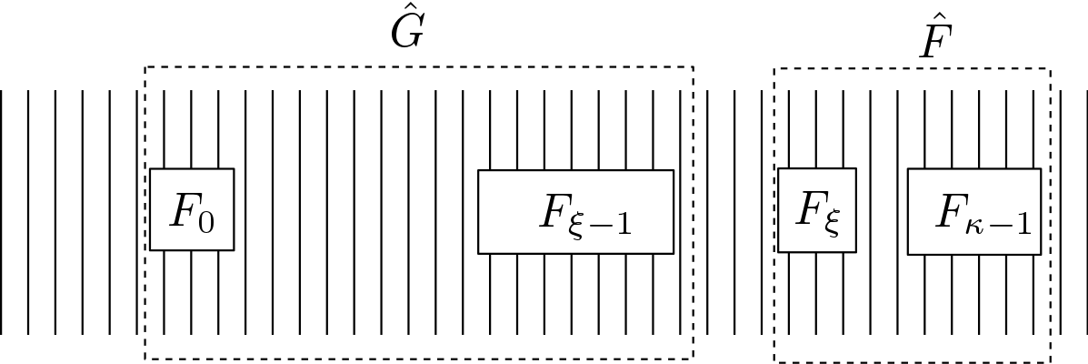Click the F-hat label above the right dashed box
(930, 41)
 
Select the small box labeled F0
(192, 209)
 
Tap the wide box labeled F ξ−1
(575, 211)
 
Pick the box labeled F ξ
(817, 209)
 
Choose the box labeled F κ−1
(973, 211)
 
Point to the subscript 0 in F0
(207, 221)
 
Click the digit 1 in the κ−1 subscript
(1023, 224)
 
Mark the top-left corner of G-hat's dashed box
(145, 67)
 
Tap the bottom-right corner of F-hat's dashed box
(1051, 360)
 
